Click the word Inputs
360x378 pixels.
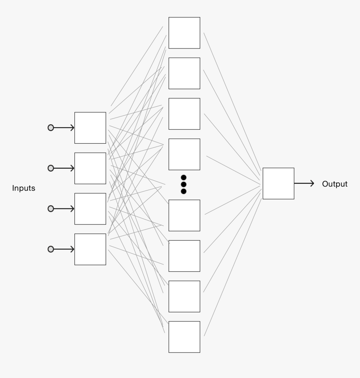point(23,188)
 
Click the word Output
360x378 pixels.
point(334,184)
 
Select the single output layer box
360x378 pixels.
point(278,183)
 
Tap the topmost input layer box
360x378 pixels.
point(90,128)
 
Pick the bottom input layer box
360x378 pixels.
point(90,249)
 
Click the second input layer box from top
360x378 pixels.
point(90,168)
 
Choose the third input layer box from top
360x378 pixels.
point(90,208)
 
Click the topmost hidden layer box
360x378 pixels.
point(184,33)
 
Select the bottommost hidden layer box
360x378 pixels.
point(184,337)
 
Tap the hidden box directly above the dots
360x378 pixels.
point(184,154)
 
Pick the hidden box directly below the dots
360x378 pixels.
point(184,215)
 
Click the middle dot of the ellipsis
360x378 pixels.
point(183,184)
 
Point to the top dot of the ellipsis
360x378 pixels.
point(183,177)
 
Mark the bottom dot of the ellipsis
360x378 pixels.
point(183,191)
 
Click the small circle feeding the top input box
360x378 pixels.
point(51,128)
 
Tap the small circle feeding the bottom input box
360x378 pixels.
point(51,249)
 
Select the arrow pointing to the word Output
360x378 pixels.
point(304,183)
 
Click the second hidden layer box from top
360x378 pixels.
point(184,73)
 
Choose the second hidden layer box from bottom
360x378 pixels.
point(184,296)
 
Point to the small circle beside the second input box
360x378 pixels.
point(51,168)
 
